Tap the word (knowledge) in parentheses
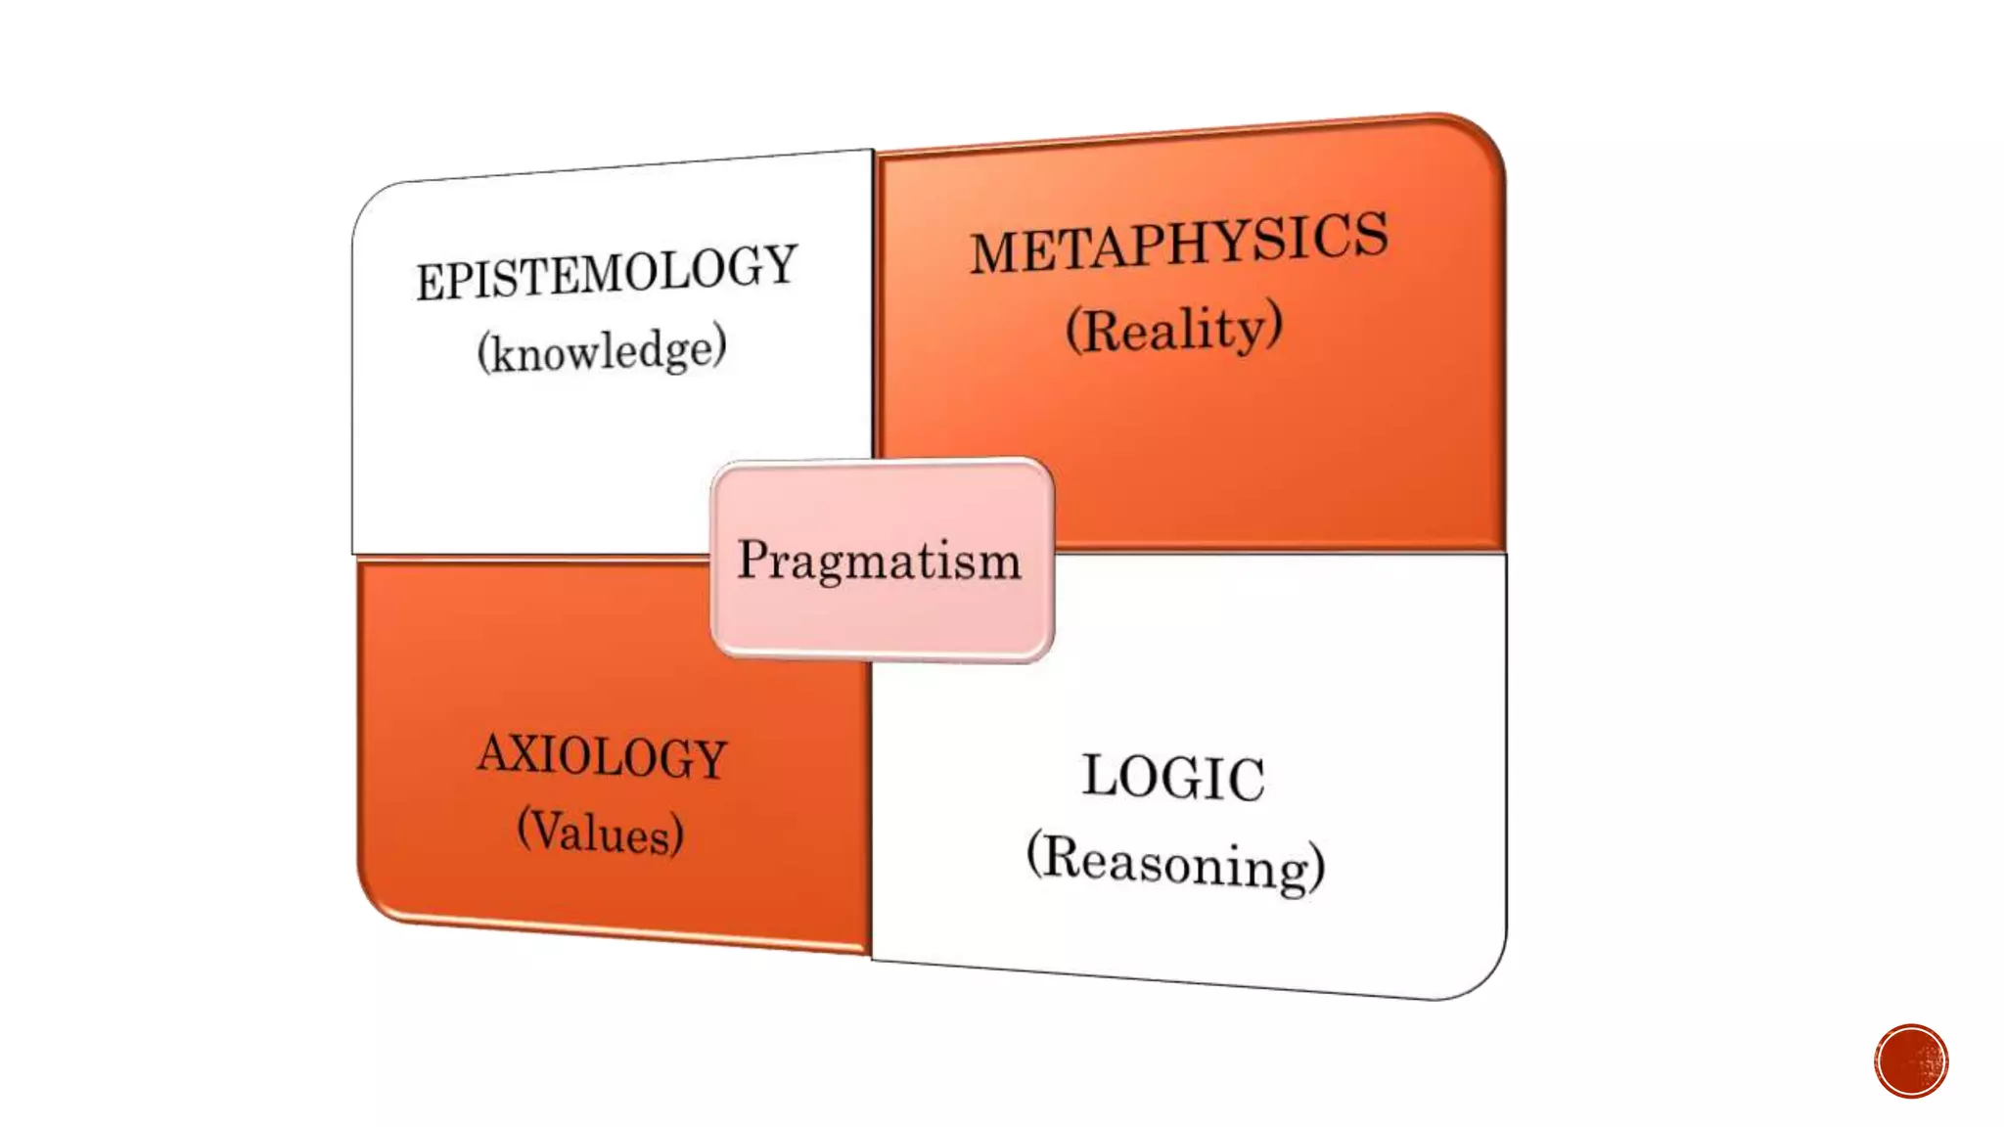pyautogui.click(x=602, y=349)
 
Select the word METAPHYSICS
pyautogui.click(x=1178, y=243)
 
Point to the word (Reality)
pyautogui.click(x=1173, y=329)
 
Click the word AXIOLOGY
pyautogui.click(x=603, y=756)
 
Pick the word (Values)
pyautogui.click(x=600, y=832)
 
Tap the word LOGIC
pyautogui.click(x=1173, y=778)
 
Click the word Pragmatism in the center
pyautogui.click(x=879, y=561)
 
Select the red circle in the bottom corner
pyautogui.click(x=1911, y=1061)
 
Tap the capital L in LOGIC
pyautogui.click(x=1101, y=775)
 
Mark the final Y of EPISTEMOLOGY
pyautogui.click(x=779, y=264)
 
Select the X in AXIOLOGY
pyautogui.click(x=534, y=753)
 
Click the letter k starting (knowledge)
pyautogui.click(x=504, y=352)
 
